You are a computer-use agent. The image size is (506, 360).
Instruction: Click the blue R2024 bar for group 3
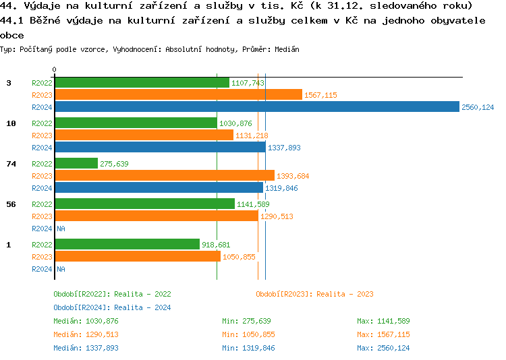pos(256,107)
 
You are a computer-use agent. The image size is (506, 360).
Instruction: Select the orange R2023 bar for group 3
pos(178,94)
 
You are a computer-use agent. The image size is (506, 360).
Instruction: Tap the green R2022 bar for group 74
pos(76,163)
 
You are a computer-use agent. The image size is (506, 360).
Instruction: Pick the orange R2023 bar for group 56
pos(156,216)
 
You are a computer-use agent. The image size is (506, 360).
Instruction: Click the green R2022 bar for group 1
pos(127,244)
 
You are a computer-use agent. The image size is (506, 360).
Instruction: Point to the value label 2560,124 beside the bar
pos(478,107)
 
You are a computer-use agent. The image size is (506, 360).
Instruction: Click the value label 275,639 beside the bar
pos(114,164)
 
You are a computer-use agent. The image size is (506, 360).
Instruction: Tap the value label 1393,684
pos(293,176)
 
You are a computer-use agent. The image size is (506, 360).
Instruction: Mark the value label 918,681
pos(216,245)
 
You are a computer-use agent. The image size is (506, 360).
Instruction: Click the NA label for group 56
pos(61,229)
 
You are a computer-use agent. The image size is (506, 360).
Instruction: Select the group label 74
pos(11,164)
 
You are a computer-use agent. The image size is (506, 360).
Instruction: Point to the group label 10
pos(11,123)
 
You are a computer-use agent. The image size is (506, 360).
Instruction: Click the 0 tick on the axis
pos(55,69)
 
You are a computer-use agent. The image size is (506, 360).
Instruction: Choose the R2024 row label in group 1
pos(42,269)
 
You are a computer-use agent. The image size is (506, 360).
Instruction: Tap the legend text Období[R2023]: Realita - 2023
pos(314,294)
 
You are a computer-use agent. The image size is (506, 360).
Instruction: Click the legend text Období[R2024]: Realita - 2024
pos(112,307)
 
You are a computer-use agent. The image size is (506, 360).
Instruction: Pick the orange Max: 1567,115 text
pos(383,334)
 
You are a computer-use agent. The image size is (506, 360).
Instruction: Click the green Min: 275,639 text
pos(246,321)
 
